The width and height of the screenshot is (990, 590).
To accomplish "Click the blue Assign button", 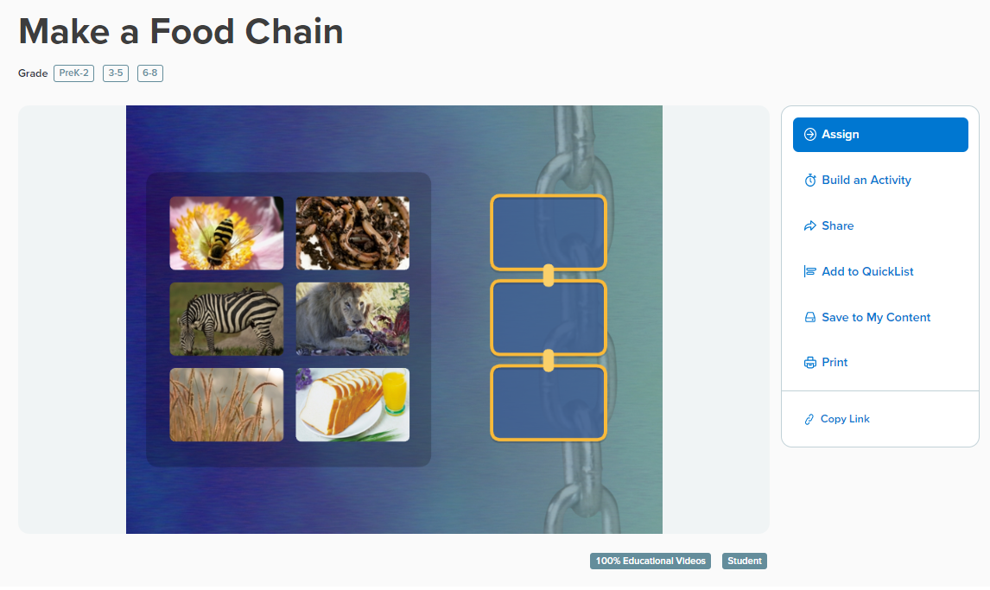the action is coord(880,135).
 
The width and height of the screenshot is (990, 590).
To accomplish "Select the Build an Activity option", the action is coord(858,181).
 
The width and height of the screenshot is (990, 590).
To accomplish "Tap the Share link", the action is coord(828,226).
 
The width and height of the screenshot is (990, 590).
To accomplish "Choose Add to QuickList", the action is coord(859,271).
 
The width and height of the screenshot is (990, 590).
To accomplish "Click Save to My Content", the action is coord(866,317).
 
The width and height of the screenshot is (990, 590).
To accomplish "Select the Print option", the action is coord(826,362).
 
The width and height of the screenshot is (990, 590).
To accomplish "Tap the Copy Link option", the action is coord(837,419).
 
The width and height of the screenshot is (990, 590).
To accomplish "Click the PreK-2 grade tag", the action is coord(74,73).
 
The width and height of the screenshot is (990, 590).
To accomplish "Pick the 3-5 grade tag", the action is coord(116,73).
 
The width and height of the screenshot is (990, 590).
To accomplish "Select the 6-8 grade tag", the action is coord(150,73).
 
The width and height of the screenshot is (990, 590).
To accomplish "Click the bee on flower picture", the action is coord(226,233).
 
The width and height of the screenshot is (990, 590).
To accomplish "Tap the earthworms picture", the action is coord(352,233).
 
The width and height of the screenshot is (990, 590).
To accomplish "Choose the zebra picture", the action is coord(226,319).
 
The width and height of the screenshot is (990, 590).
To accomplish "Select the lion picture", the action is coord(352,319).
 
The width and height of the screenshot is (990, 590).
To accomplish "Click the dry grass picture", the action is coord(226,404).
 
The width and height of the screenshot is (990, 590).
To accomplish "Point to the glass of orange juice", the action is coord(395,392).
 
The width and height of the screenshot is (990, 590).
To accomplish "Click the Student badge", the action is coord(745,561).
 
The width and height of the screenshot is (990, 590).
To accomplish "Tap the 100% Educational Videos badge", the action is coord(650,561).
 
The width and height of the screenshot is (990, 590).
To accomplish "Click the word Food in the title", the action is coord(192,32).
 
